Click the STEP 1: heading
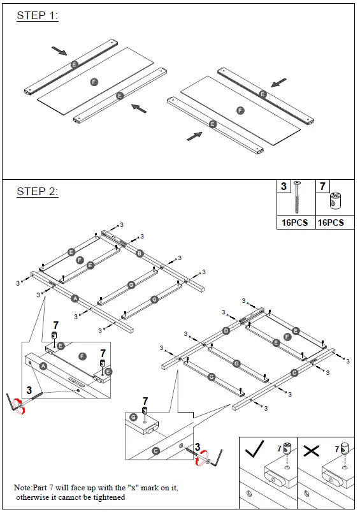tap(37, 16)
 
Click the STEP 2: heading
tap(37, 191)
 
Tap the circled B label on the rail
tap(140, 253)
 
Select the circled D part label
tap(226, 331)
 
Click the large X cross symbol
tap(312, 451)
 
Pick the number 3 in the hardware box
tap(284, 186)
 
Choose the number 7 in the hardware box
tap(322, 186)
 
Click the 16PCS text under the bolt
tap(295, 223)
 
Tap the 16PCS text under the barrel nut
tap(331, 223)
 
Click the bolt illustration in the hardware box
tap(298, 197)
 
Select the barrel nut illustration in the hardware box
tap(336, 201)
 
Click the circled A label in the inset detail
tap(43, 366)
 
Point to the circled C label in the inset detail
tap(156, 451)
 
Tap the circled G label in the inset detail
tap(133, 417)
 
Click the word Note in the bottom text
tap(22, 488)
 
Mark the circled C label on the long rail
tap(294, 373)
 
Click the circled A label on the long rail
tap(75, 298)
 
